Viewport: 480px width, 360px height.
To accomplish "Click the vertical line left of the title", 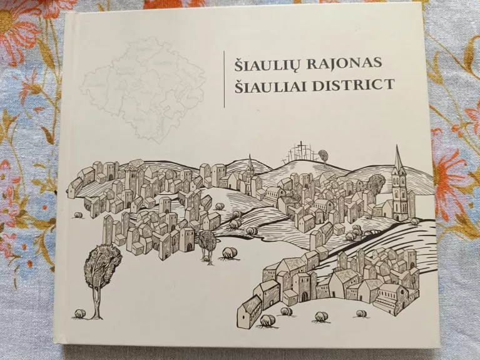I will (x=224, y=78).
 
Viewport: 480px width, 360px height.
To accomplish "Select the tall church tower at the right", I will (x=399, y=185).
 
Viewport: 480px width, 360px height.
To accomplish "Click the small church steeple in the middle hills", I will (x=250, y=168).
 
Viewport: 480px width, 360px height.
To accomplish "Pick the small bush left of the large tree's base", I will (x=79, y=313).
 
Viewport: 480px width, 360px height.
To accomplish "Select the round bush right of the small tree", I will (x=229, y=252).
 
